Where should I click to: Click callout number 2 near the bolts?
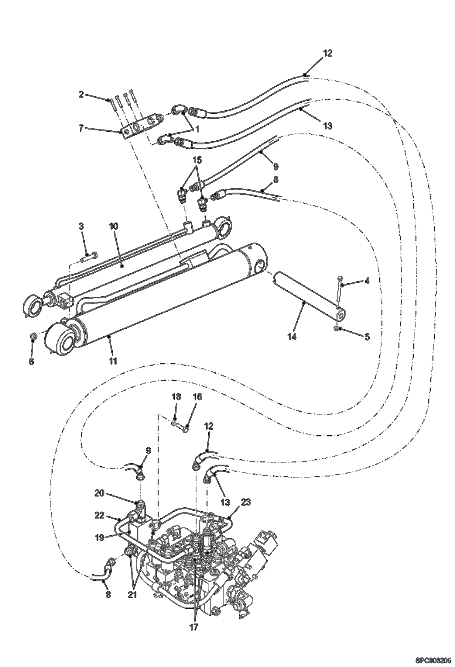coord(81,94)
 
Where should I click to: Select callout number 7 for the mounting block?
coord(81,128)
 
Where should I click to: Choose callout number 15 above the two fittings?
coord(197,160)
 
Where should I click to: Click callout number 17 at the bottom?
coord(194,627)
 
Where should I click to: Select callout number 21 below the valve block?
coord(132,595)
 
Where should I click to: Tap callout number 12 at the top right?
coord(327,53)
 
